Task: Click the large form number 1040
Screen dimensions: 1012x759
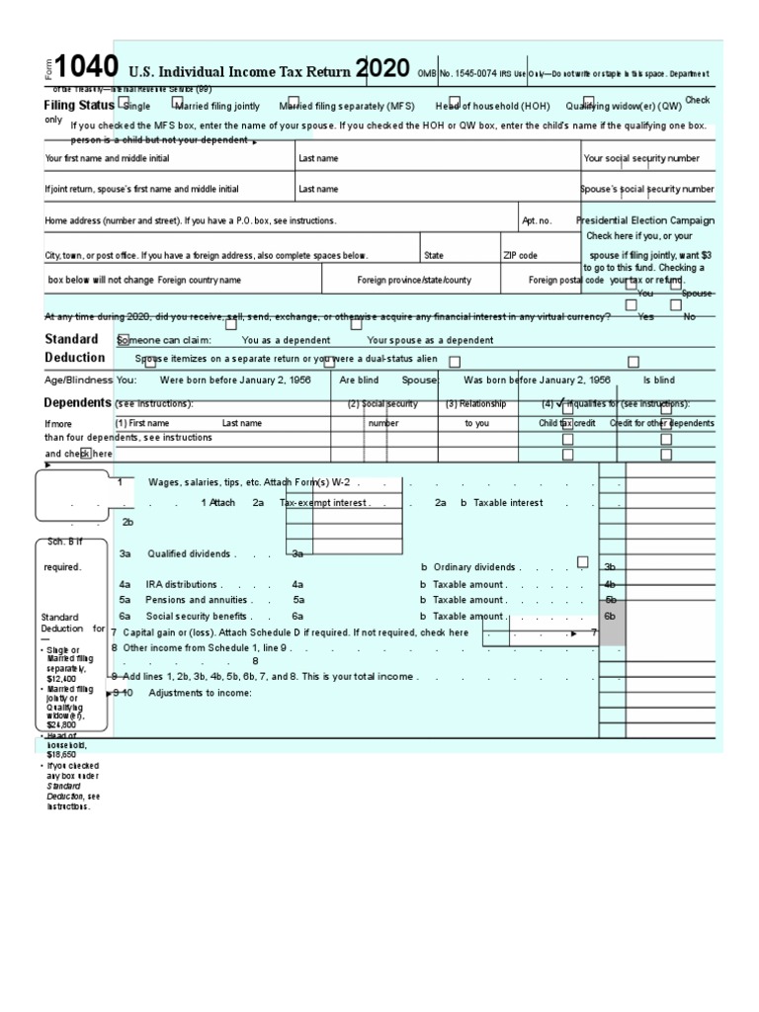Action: (x=87, y=67)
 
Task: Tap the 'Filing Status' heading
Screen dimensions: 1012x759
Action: (x=79, y=105)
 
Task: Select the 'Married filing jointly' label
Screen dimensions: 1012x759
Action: (x=217, y=107)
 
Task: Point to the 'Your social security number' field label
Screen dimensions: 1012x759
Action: (x=641, y=158)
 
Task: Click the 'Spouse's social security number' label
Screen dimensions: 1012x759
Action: (x=647, y=189)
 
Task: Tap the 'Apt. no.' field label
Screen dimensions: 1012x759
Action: (x=537, y=221)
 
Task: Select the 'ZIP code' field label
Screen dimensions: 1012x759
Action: (x=521, y=255)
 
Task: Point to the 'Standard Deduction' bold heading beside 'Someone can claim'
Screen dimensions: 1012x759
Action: (x=74, y=348)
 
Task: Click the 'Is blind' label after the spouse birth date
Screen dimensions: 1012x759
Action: (x=659, y=379)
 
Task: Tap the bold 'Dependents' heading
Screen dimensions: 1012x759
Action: (x=77, y=403)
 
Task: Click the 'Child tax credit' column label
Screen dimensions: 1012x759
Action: (x=566, y=423)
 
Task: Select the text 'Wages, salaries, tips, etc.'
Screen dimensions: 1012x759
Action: (x=204, y=482)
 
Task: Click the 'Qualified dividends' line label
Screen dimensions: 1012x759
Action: (x=189, y=554)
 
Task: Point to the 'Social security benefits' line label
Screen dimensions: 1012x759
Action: (x=197, y=616)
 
